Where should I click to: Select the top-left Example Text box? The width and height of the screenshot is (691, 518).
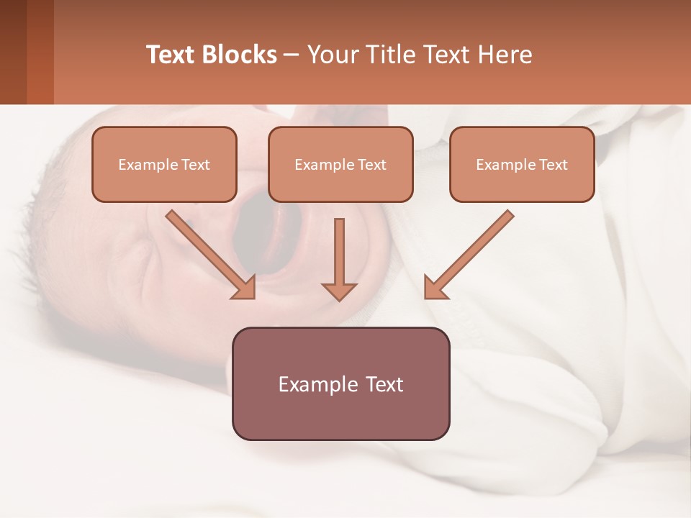[164, 164]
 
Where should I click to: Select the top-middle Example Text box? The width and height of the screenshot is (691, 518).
[340, 164]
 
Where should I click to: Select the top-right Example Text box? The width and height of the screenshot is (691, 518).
[522, 164]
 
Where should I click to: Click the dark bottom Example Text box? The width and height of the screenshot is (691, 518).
[340, 383]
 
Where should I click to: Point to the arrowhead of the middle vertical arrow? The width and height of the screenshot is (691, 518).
[339, 292]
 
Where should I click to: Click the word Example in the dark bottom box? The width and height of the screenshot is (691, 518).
[314, 384]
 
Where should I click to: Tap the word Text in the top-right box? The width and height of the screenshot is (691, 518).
[554, 165]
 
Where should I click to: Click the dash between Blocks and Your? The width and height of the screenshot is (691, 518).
[292, 55]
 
